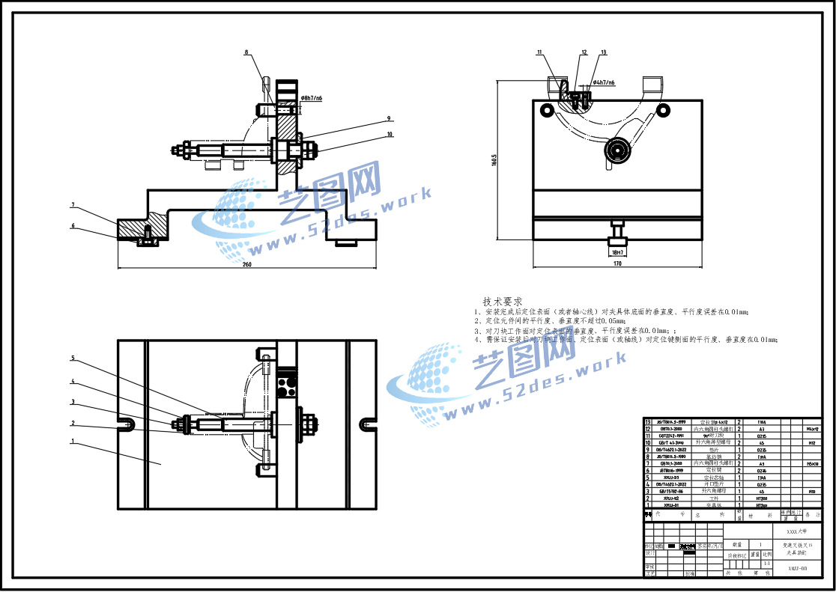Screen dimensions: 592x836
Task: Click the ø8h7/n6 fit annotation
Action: coord(311,98)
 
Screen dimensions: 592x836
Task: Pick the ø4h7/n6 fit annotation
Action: coord(604,82)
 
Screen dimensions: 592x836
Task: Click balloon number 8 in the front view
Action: coord(246,52)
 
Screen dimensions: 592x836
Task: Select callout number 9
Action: coord(390,118)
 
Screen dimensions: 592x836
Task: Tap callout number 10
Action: coord(390,135)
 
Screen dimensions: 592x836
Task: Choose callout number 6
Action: coord(73,225)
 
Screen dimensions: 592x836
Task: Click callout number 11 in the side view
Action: coord(539,52)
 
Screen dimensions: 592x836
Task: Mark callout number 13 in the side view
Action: coord(603,52)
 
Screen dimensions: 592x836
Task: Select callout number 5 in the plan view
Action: coord(73,358)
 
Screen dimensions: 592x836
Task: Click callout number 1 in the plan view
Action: coord(73,441)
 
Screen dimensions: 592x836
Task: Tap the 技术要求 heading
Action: coord(503,301)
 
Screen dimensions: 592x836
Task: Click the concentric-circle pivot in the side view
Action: coord(618,151)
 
